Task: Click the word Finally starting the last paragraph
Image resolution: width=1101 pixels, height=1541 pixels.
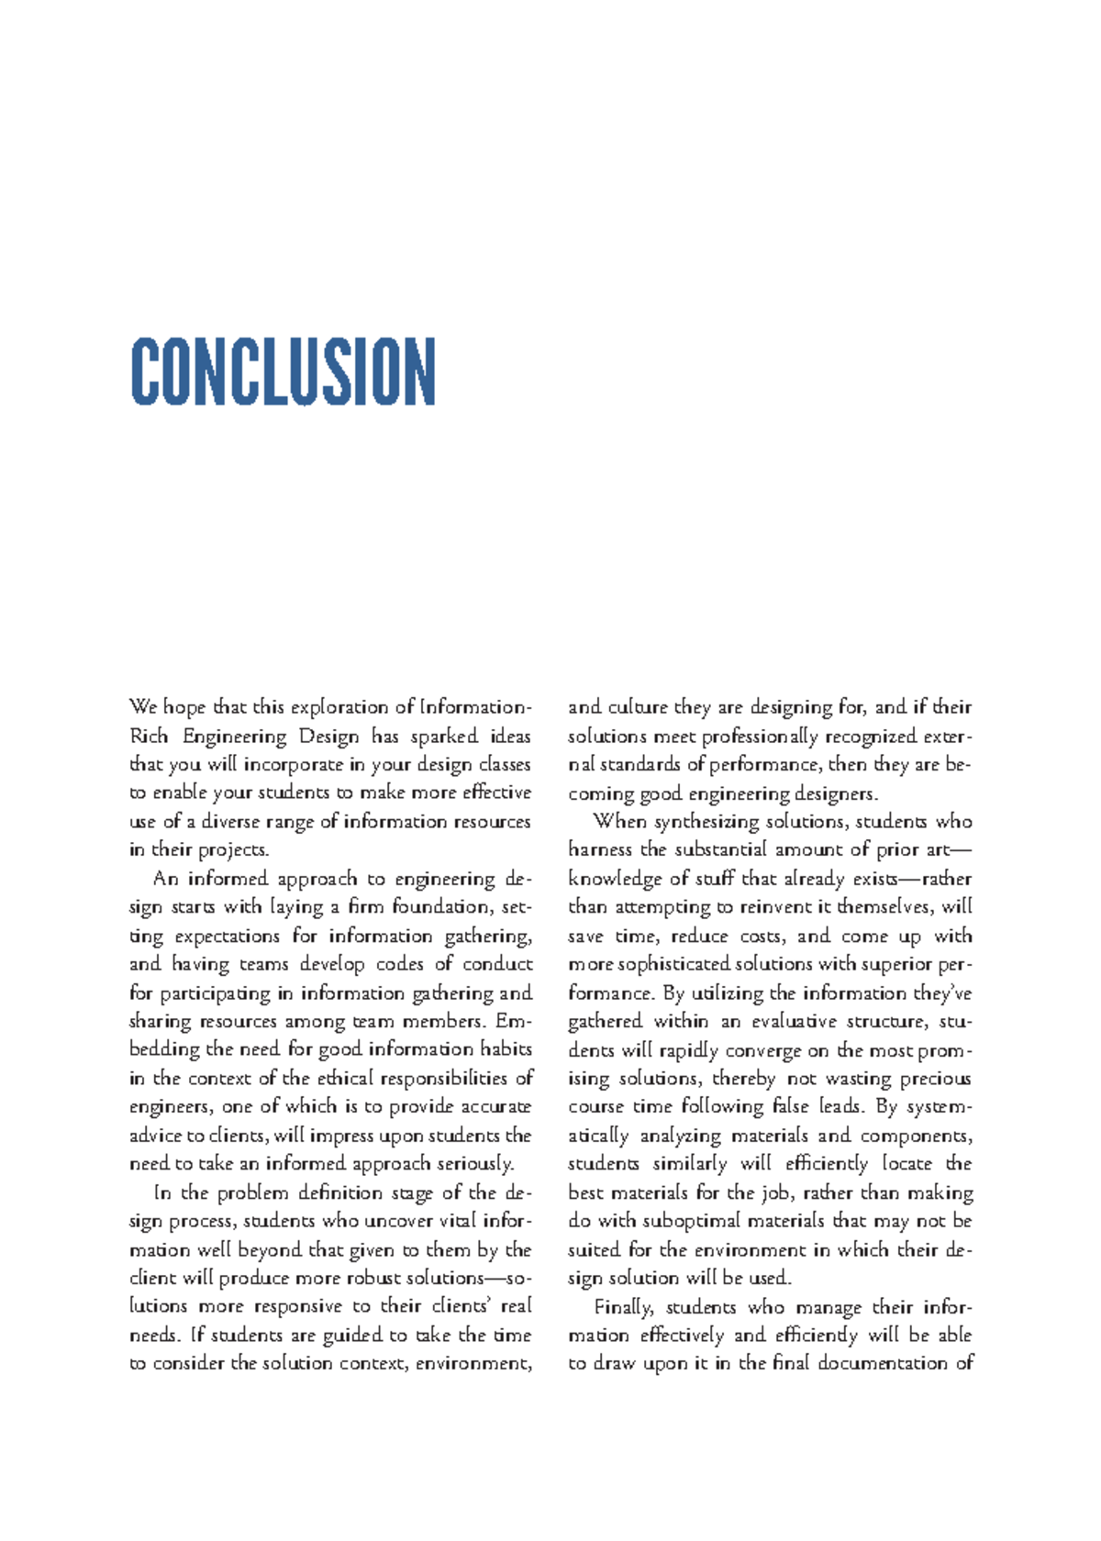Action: pos(623,1306)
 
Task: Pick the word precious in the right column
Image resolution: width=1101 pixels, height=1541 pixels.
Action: pos(934,1078)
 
